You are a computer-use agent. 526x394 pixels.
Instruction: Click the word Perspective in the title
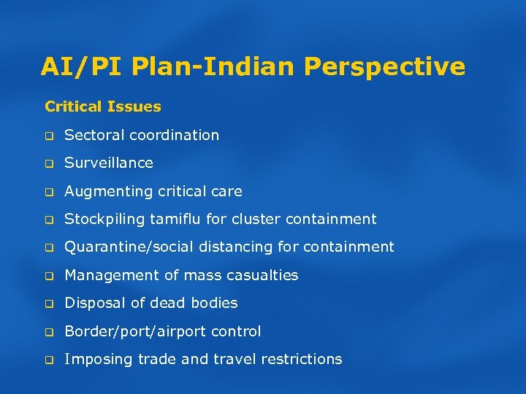pyautogui.click(x=384, y=67)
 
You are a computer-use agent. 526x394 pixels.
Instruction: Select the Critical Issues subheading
pyautogui.click(x=103, y=107)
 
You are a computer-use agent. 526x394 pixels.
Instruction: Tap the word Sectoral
pyautogui.click(x=94, y=135)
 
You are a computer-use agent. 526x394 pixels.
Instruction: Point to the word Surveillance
pyautogui.click(x=109, y=163)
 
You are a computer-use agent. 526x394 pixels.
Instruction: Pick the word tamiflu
pyautogui.click(x=186, y=219)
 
